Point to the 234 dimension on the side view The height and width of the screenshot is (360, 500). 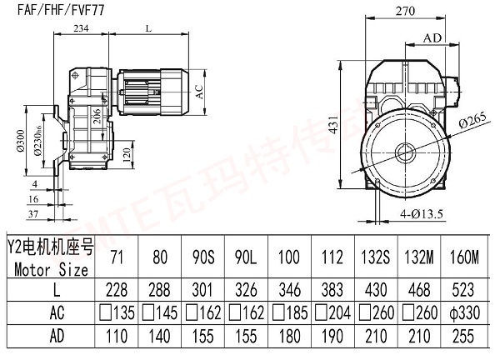[82, 27]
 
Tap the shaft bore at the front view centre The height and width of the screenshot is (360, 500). [407, 152]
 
